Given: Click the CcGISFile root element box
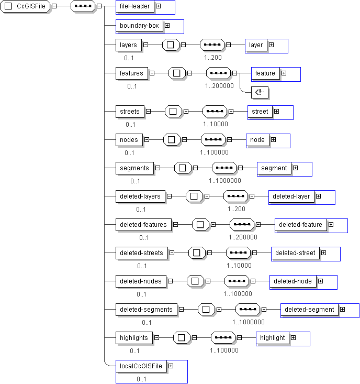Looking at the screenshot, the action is click(x=25, y=6).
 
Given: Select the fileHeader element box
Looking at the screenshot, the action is click(x=135, y=6).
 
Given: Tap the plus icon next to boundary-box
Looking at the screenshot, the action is click(x=167, y=26).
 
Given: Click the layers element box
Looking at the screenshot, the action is click(x=128, y=45).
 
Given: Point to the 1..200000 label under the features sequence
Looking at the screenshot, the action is click(x=219, y=86).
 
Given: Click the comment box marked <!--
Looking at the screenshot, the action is click(x=260, y=92).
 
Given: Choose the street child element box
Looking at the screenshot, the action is click(x=260, y=112).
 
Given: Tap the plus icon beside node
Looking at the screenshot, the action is click(x=274, y=139).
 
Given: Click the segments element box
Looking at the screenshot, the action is click(x=134, y=168).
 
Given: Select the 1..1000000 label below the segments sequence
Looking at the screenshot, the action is click(x=225, y=181).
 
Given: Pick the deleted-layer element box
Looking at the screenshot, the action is click(x=291, y=196).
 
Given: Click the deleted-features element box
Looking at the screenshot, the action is click(x=143, y=225).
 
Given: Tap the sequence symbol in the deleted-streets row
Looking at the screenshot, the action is click(x=238, y=253).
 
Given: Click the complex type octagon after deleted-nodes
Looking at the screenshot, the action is click(x=195, y=281).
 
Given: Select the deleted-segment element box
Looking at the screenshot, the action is click(x=309, y=310).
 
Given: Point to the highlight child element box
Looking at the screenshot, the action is click(x=273, y=338).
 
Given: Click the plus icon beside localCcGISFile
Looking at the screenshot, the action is click(x=171, y=366).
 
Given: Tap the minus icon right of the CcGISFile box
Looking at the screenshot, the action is click(x=54, y=6).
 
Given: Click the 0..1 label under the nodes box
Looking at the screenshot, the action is click(x=129, y=153).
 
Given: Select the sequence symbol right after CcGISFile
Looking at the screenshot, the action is click(x=83, y=6).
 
